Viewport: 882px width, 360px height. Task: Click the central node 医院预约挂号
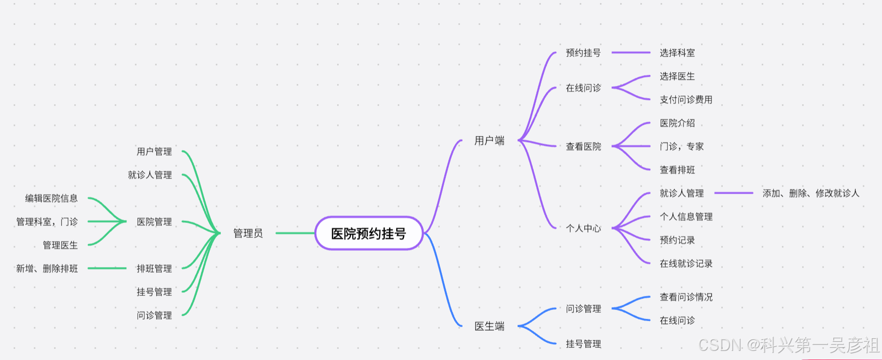click(x=368, y=233)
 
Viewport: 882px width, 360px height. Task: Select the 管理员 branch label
click(x=248, y=233)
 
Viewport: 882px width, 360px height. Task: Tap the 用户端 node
click(x=489, y=141)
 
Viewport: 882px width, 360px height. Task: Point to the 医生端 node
click(x=489, y=326)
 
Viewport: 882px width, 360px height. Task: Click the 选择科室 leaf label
click(x=677, y=53)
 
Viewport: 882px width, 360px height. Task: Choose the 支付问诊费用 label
click(x=686, y=100)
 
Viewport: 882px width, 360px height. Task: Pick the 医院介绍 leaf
click(x=677, y=123)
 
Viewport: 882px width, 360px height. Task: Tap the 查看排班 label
click(x=677, y=170)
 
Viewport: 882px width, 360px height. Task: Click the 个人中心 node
click(x=583, y=228)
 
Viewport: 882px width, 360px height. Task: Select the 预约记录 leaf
click(x=677, y=240)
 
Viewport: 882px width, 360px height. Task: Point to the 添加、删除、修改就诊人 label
click(x=810, y=193)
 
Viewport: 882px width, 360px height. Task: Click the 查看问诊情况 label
click(x=686, y=297)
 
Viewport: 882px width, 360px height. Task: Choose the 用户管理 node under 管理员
click(x=154, y=151)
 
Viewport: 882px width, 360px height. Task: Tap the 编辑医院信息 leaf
click(x=52, y=198)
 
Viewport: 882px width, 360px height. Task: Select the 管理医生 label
click(x=60, y=245)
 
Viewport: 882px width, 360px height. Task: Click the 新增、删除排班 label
click(x=47, y=268)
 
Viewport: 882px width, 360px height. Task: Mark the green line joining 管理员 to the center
click(x=295, y=233)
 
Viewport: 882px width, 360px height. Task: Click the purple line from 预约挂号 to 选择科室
click(x=631, y=53)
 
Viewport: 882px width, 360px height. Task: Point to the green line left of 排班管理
click(x=107, y=268)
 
